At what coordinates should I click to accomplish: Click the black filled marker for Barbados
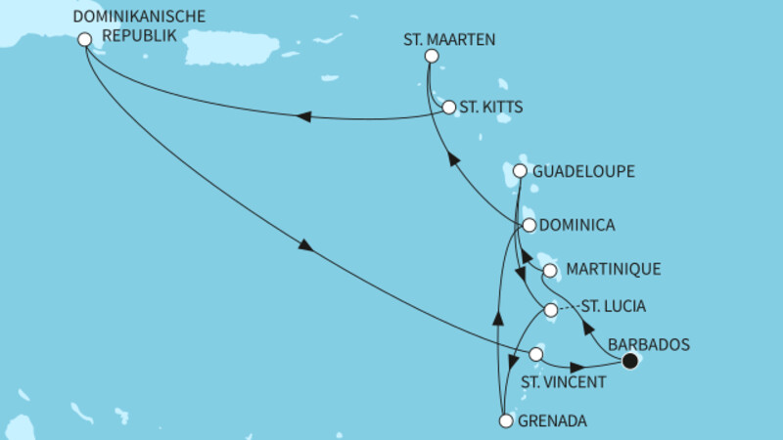630,361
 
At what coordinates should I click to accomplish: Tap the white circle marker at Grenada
506,421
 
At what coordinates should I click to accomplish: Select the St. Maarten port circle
431,56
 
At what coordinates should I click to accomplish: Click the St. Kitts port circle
449,108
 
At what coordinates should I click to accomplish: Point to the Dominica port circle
529,225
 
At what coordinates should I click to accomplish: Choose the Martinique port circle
550,270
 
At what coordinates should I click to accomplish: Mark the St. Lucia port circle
550,310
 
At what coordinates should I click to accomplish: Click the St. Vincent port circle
536,353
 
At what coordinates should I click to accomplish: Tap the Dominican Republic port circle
84,40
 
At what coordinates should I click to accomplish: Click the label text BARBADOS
650,344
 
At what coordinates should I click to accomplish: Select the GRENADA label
553,421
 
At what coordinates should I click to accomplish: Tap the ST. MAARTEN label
449,40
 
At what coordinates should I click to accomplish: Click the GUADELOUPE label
586,171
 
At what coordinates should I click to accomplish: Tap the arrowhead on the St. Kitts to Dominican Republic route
303,117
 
